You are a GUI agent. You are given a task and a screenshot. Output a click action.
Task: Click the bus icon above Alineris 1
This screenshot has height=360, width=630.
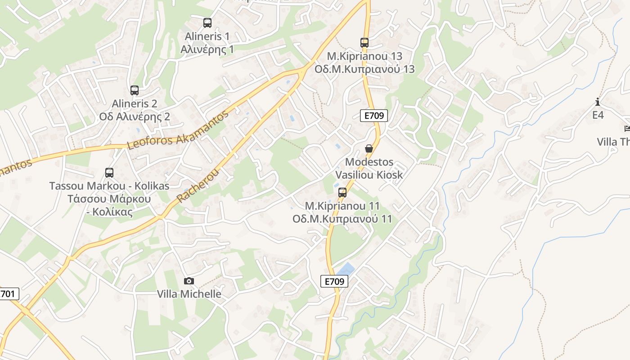pos(207,22)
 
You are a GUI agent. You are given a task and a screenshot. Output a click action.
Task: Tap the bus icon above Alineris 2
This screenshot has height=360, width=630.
pos(135,90)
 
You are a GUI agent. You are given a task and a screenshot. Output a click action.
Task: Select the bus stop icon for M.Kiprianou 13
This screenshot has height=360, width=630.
pos(364,43)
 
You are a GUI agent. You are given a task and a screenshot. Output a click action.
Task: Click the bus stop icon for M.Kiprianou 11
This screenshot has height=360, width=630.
pos(342,193)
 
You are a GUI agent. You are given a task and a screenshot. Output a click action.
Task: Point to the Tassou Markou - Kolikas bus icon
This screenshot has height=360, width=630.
pos(109,172)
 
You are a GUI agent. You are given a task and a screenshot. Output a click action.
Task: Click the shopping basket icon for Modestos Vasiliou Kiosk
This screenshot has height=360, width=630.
pos(369,148)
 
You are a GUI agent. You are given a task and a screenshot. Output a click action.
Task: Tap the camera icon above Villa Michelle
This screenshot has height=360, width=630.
pos(189,281)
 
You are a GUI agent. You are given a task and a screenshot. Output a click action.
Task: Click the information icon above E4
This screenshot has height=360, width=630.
pos(598,102)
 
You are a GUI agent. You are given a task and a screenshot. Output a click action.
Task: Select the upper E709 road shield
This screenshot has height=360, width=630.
pos(374,116)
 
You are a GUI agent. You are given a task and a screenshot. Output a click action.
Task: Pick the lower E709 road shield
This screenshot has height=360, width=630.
pos(335,281)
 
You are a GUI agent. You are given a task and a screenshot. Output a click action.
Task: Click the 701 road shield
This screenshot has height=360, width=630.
pos(8,294)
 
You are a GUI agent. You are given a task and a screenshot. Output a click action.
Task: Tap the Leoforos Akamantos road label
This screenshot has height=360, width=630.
pos(178,130)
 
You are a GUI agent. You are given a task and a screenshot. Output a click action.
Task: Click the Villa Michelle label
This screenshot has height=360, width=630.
pos(189,294)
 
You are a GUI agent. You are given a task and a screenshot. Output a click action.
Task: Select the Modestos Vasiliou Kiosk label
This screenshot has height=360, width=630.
pos(369,168)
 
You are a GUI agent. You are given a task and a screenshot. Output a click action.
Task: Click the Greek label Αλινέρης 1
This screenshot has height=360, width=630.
pos(207,49)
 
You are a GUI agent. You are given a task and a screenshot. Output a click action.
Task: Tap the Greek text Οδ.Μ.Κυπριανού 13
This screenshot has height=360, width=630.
pos(364,69)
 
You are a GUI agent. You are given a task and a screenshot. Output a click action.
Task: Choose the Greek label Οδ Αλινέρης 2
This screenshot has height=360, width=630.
pos(135,117)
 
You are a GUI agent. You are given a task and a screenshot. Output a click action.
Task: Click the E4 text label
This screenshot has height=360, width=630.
pos(598,115)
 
